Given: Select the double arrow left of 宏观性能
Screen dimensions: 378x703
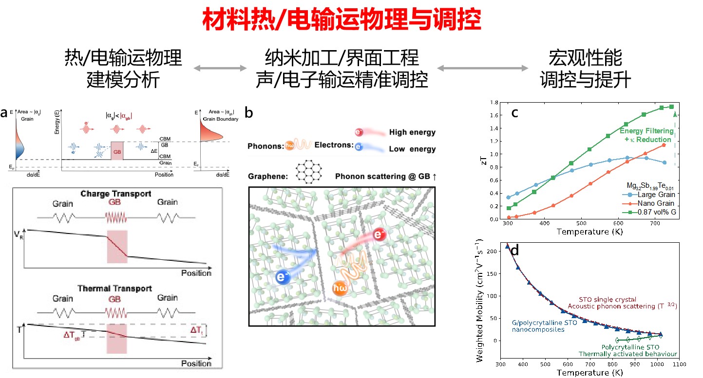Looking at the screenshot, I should pos(482,68).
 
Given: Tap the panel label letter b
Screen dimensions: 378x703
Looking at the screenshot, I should pos(249,113).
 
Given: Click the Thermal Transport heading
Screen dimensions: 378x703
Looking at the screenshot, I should pos(114,288).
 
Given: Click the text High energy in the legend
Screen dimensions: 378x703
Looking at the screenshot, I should pos(412,132).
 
